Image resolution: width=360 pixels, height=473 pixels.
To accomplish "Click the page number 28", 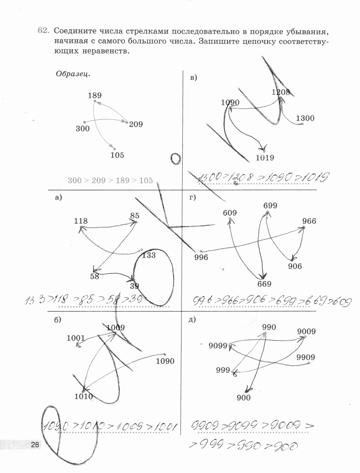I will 35,445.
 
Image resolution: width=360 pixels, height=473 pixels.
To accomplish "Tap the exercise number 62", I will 43,31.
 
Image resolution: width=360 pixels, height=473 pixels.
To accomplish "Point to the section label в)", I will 193,77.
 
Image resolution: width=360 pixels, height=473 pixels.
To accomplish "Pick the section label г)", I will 192,197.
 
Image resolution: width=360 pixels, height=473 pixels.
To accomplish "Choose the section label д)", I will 192,319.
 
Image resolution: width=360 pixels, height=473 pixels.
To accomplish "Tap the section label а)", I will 59,197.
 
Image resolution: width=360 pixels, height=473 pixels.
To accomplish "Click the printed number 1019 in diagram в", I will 265,157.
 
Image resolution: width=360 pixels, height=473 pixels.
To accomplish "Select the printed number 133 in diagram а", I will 149,255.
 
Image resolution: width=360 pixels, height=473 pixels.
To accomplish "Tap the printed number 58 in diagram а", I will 95,276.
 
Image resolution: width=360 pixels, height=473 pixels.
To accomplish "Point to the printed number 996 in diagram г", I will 201,257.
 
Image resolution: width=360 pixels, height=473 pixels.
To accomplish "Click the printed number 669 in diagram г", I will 264,284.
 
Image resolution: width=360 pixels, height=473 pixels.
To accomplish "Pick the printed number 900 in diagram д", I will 244,398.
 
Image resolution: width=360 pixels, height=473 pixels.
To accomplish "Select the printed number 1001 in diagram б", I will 76,338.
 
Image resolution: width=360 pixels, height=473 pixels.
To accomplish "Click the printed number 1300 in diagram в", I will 305,118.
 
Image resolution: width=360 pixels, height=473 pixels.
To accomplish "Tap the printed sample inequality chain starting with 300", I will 110,180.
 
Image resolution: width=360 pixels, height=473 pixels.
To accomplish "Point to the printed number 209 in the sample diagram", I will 136,125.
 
